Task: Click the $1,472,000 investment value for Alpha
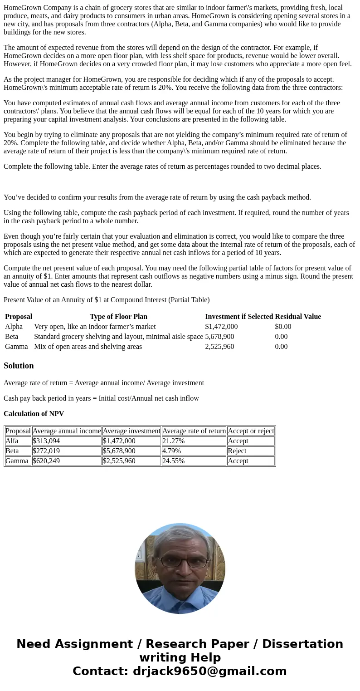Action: click(x=221, y=327)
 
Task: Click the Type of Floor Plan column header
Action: click(x=118, y=317)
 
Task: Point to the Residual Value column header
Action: click(x=298, y=317)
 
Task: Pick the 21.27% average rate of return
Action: click(x=173, y=441)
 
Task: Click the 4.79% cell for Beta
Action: click(x=171, y=451)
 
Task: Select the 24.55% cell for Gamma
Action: click(x=173, y=461)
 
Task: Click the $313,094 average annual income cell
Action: click(x=46, y=441)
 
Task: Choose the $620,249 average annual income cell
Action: click(x=46, y=461)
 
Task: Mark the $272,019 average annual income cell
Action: click(x=46, y=451)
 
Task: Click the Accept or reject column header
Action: click(x=251, y=431)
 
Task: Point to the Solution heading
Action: click(x=19, y=366)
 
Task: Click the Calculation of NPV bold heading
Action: click(x=34, y=414)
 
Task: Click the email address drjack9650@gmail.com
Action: click(x=209, y=671)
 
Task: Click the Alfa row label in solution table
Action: click(x=12, y=441)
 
